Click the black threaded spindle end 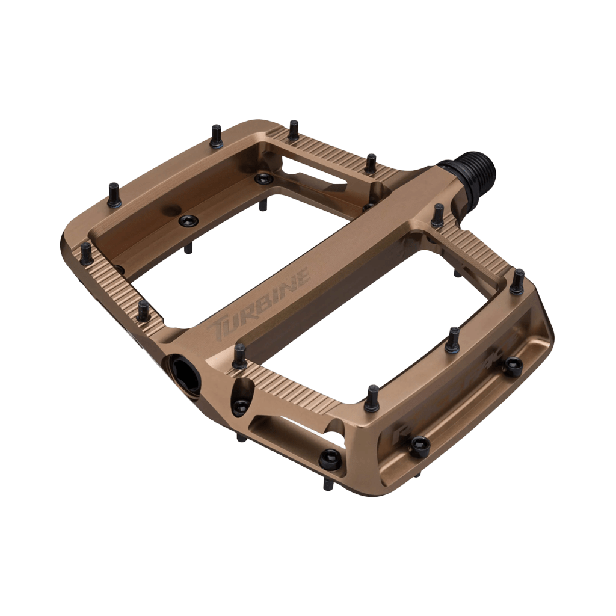point(475,168)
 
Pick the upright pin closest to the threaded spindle point(437,215)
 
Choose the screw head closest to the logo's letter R point(419,445)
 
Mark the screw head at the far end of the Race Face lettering point(513,365)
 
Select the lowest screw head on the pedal point(330,460)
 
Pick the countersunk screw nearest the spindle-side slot point(263,179)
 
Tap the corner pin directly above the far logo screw point(517,282)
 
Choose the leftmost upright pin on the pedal point(87,253)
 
